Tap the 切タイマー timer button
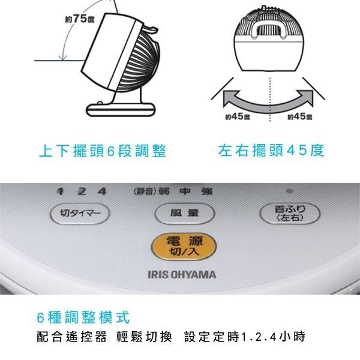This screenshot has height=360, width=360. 80,214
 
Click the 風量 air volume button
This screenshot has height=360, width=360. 185,214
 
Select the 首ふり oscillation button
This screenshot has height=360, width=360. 290,214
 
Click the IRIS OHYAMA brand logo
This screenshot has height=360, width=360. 182,275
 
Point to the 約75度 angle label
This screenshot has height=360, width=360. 80,19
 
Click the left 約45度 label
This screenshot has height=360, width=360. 238,116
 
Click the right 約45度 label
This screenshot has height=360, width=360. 300,116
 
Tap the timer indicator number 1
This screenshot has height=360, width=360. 61,191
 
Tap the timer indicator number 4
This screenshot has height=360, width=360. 102,191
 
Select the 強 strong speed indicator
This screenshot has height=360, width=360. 207,191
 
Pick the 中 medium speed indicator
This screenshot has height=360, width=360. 185,191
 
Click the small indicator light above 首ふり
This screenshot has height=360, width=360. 290,191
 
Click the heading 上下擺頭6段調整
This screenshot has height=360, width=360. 103,151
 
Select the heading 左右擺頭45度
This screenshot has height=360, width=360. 271,151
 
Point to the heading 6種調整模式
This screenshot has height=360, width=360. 83,317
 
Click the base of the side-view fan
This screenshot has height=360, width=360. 121,110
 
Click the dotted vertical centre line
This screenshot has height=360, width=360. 270,100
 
